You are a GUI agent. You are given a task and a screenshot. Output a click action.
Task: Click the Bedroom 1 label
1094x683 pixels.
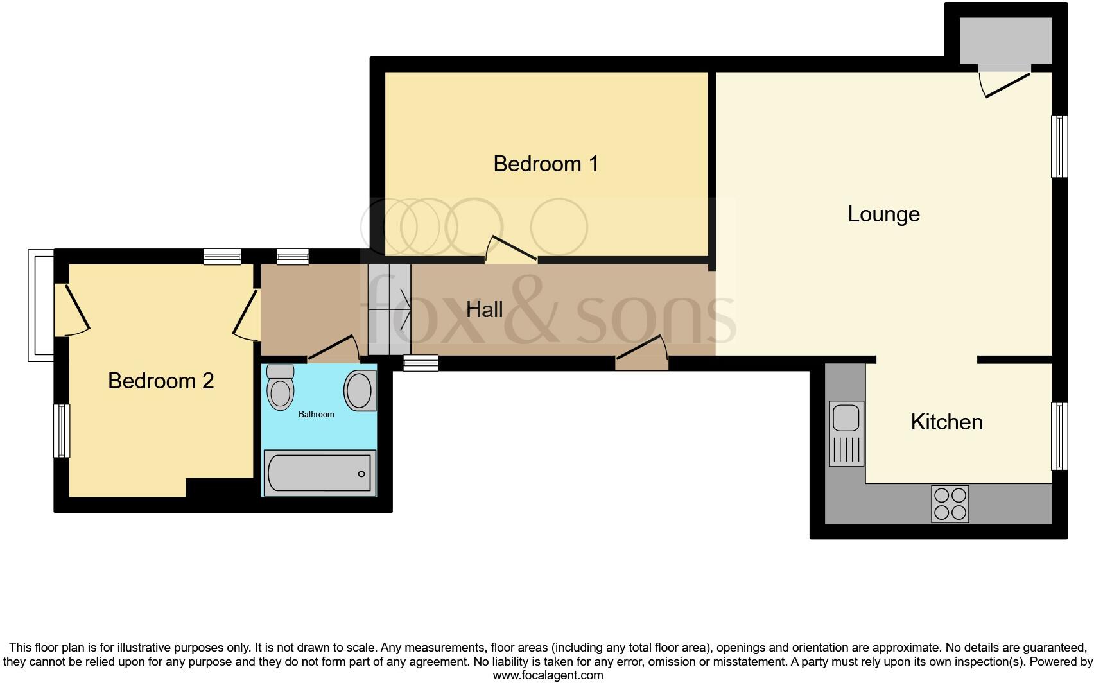tap(546, 164)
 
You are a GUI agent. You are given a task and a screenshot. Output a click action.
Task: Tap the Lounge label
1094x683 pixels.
tap(883, 214)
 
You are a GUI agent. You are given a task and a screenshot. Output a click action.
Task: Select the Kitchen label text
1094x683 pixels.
tap(946, 422)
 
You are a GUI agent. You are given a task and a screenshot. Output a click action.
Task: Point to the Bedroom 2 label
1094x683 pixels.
tap(161, 381)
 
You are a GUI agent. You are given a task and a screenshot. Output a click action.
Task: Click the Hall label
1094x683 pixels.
tap(484, 309)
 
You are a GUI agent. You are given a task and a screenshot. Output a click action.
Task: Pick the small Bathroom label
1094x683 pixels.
tap(316, 415)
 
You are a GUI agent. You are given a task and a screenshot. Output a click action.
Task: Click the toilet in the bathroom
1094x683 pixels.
tap(280, 388)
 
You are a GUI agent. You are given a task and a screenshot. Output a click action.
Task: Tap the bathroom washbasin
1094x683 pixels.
tap(360, 390)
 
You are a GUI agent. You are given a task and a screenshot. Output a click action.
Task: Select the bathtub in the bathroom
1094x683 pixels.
tap(319, 473)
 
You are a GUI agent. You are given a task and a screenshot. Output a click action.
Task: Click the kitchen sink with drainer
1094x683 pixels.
tap(846, 433)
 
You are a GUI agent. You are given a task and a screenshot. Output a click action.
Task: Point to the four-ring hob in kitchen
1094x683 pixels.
tap(950, 504)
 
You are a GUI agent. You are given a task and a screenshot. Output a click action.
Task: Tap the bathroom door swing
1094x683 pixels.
tap(334, 347)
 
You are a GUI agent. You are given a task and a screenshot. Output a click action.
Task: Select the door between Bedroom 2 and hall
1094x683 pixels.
tap(247, 315)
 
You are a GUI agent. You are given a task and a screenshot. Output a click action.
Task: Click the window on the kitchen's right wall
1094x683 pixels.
tap(1059, 436)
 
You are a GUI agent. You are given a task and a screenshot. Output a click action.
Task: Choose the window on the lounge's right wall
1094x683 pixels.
tap(1059, 146)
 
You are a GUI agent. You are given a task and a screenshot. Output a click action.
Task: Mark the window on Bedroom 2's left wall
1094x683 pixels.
tap(62, 430)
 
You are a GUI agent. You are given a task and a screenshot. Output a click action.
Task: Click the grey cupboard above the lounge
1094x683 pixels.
tap(1005, 40)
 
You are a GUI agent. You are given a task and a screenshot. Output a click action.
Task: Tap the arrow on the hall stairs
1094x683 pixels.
tap(399, 309)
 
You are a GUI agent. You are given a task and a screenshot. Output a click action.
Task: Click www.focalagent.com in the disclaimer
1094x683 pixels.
tap(548, 675)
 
